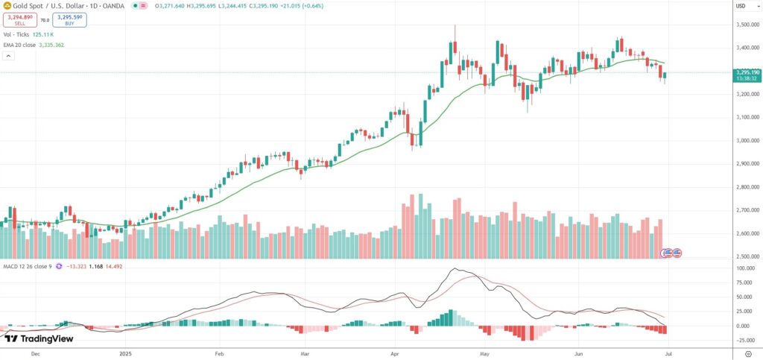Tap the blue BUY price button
(69, 20)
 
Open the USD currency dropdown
(741, 6)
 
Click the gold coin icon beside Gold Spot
(7, 6)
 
